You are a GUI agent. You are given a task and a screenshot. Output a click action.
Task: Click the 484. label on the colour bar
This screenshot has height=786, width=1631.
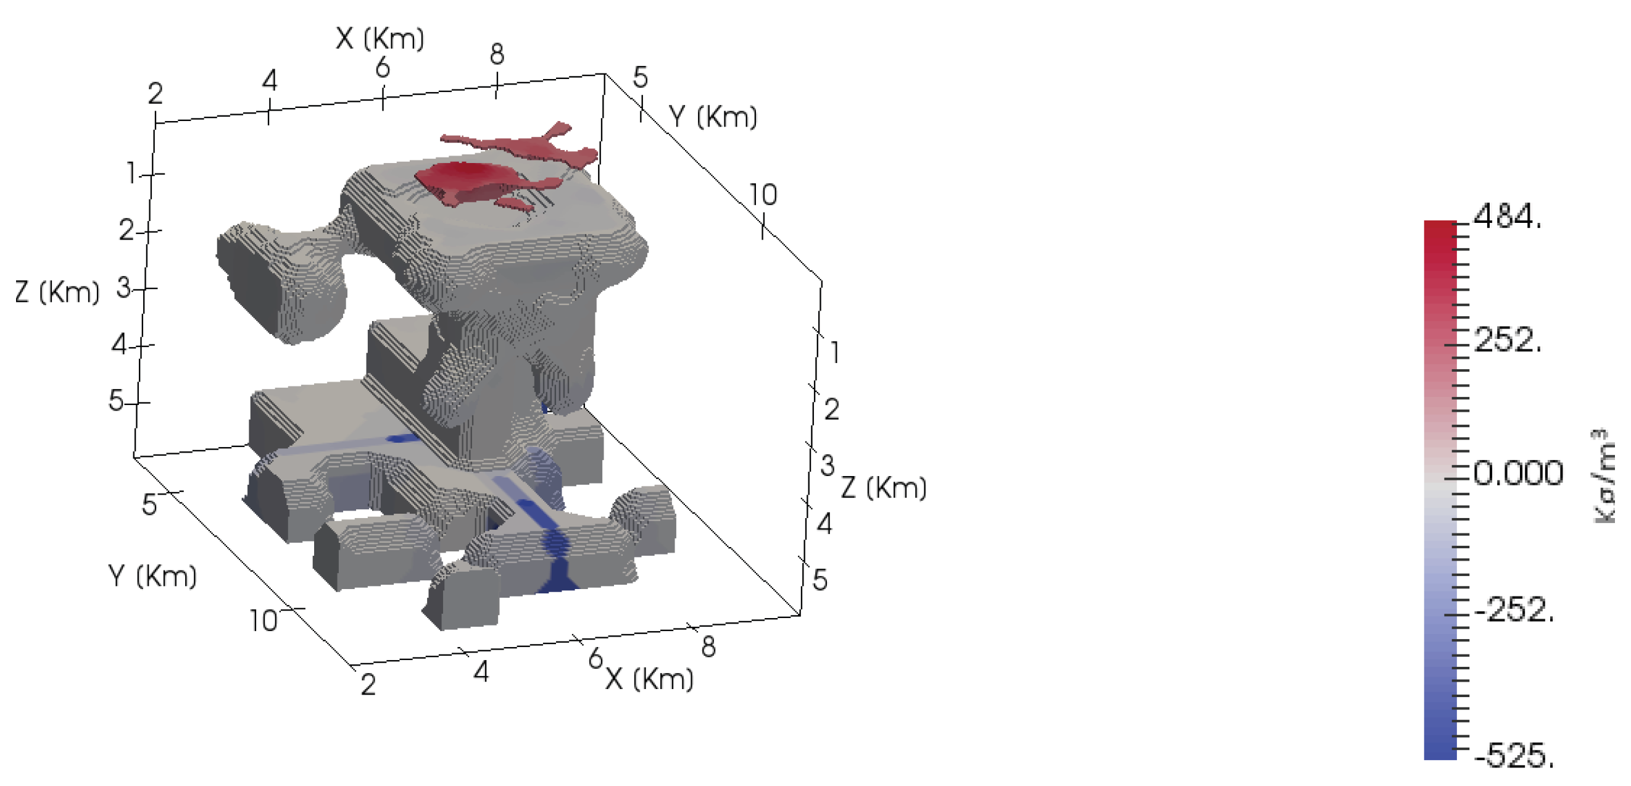tap(1508, 217)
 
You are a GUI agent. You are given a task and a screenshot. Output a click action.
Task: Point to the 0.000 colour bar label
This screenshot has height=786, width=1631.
tap(1518, 472)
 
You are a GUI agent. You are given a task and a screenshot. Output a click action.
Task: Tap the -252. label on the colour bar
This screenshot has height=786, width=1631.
tap(1514, 611)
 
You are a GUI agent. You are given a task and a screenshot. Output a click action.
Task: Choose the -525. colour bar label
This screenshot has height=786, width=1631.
tap(1514, 755)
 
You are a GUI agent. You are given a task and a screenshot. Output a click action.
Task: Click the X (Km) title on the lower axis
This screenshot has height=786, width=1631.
tap(650, 679)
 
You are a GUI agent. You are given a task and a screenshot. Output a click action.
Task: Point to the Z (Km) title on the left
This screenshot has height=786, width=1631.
tap(57, 292)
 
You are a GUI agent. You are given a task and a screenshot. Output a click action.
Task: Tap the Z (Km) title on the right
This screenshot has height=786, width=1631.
tap(883, 488)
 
